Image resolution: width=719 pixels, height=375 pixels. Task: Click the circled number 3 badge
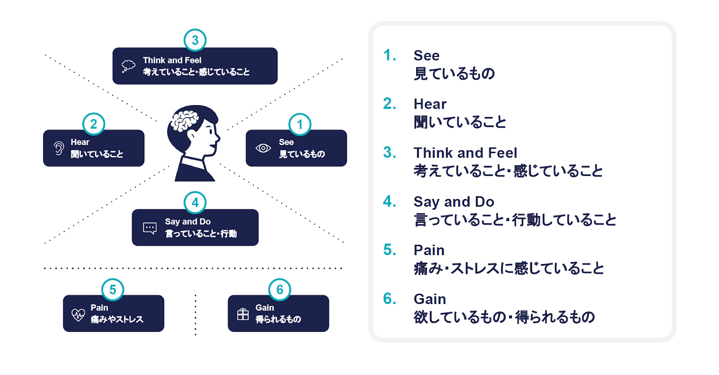click(x=195, y=40)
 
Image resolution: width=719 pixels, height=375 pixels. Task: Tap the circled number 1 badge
click(x=300, y=124)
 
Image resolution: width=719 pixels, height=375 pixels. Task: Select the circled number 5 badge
click(x=113, y=289)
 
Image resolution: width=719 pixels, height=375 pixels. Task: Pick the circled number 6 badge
click(x=280, y=289)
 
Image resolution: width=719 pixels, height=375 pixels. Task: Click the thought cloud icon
click(x=129, y=66)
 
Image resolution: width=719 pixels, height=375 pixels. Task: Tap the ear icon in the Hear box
click(x=59, y=149)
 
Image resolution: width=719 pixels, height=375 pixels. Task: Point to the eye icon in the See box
click(x=263, y=148)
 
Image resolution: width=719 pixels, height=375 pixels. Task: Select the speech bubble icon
click(x=150, y=229)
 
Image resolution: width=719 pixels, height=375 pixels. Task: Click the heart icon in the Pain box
click(x=78, y=315)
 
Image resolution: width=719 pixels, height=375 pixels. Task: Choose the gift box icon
click(x=243, y=314)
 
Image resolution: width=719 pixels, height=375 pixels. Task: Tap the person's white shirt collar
click(x=193, y=162)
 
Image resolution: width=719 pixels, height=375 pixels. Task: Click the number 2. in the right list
click(x=390, y=104)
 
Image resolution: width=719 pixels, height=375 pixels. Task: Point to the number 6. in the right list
click(x=390, y=299)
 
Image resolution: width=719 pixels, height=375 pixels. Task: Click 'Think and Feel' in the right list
click(x=466, y=153)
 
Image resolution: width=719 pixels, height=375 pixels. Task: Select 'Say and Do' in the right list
click(x=454, y=202)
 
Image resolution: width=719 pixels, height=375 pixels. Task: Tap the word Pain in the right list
click(x=429, y=250)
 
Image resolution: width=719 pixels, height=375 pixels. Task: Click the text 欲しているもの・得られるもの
click(x=504, y=317)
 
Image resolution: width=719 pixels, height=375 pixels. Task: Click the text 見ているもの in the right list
click(x=454, y=74)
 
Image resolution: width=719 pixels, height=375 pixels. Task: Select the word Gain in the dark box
click(x=265, y=308)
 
